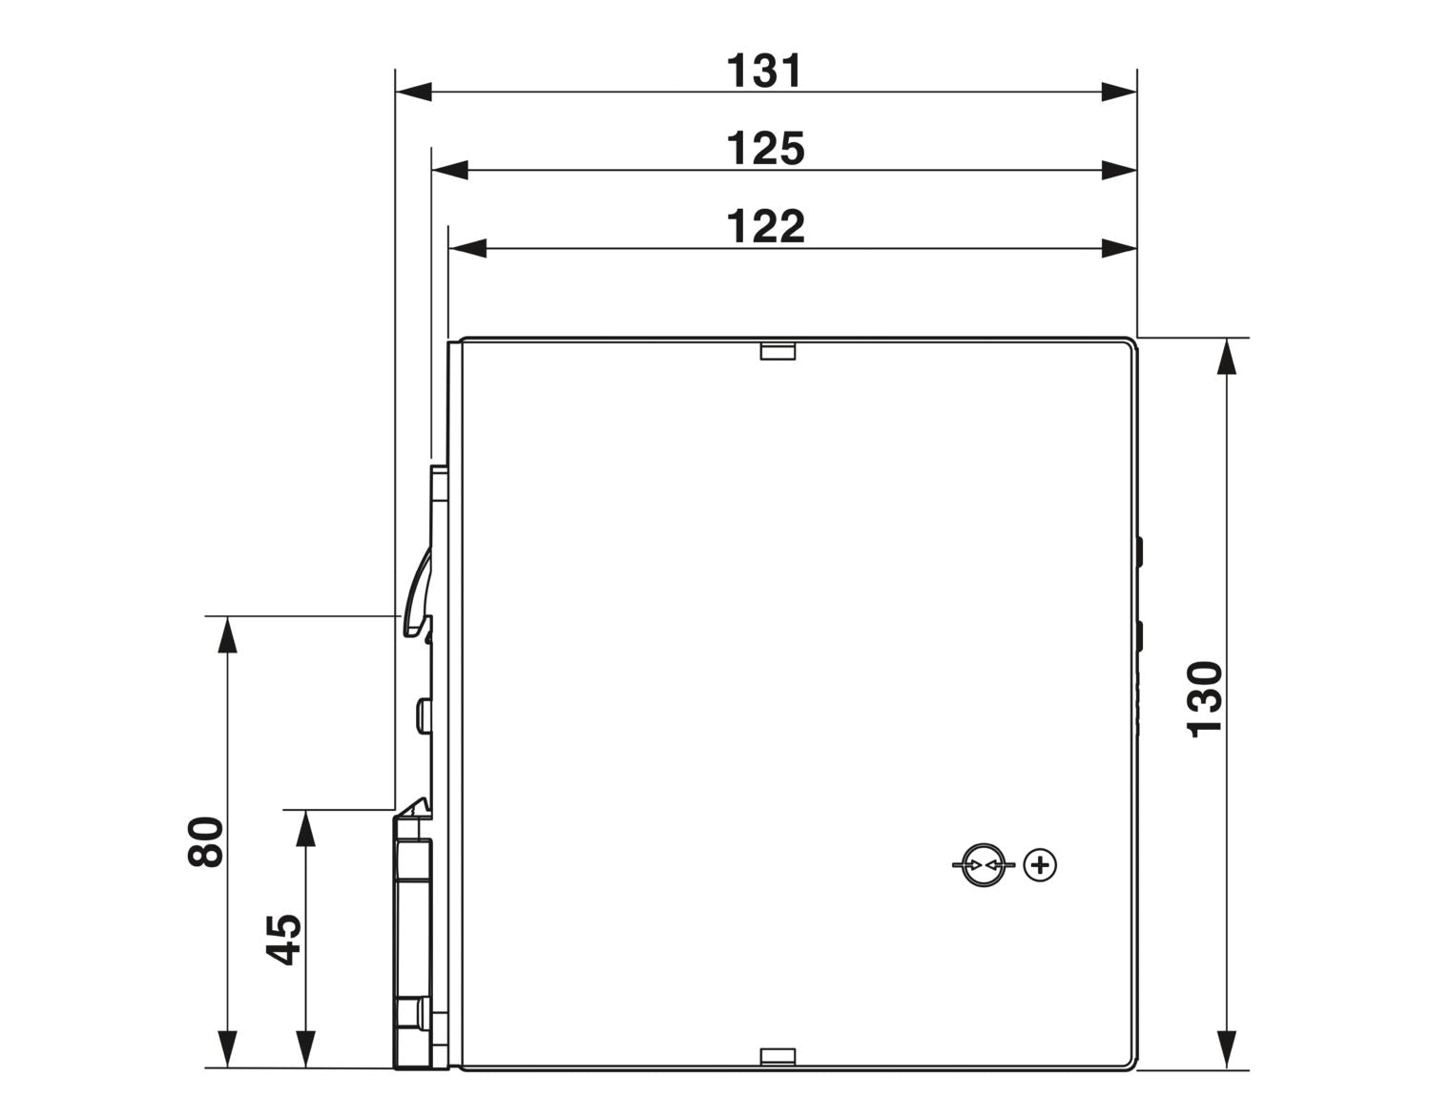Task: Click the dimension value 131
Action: pyautogui.click(x=764, y=71)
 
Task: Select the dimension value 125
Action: pyautogui.click(x=765, y=149)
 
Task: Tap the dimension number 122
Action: pyautogui.click(x=765, y=226)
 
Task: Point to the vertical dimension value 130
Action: pyautogui.click(x=1204, y=699)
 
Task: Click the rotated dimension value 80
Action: pyautogui.click(x=205, y=841)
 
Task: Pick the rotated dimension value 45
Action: pyautogui.click(x=283, y=940)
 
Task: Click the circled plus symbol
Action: pyautogui.click(x=1040, y=864)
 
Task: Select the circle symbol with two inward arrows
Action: pyautogui.click(x=984, y=864)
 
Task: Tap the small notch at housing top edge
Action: pyautogui.click(x=778, y=351)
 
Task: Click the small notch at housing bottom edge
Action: pyautogui.click(x=778, y=1075)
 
